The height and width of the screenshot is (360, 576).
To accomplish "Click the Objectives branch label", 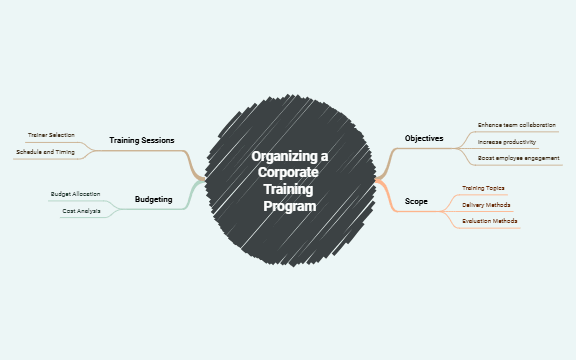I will tap(424, 138).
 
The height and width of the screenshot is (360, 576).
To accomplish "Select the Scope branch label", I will tap(416, 202).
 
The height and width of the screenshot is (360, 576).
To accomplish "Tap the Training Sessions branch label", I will tap(142, 140).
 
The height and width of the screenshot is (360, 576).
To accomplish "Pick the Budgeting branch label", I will tap(153, 200).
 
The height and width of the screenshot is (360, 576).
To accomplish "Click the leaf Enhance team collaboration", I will tap(516, 125).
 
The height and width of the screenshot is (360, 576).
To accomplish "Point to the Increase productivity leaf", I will tap(507, 142).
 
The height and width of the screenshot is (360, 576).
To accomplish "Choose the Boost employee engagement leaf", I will tap(518, 159).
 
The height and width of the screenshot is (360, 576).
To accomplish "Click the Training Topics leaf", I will tap(483, 188).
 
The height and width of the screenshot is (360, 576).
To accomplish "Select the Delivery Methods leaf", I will tap(486, 204).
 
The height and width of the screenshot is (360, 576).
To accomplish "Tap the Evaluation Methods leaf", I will tap(490, 220).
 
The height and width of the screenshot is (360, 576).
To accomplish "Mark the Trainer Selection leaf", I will tap(51, 135).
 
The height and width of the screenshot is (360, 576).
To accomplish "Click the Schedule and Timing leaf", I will tap(45, 152).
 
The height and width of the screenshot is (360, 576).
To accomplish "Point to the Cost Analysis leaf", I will tap(81, 211).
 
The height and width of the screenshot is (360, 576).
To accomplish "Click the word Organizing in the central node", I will tap(280, 157).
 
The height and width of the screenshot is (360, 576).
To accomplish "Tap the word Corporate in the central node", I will tap(289, 173).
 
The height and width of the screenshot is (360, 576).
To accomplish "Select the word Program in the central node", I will tap(289, 206).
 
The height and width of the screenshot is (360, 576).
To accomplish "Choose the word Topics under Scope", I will tap(495, 188).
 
